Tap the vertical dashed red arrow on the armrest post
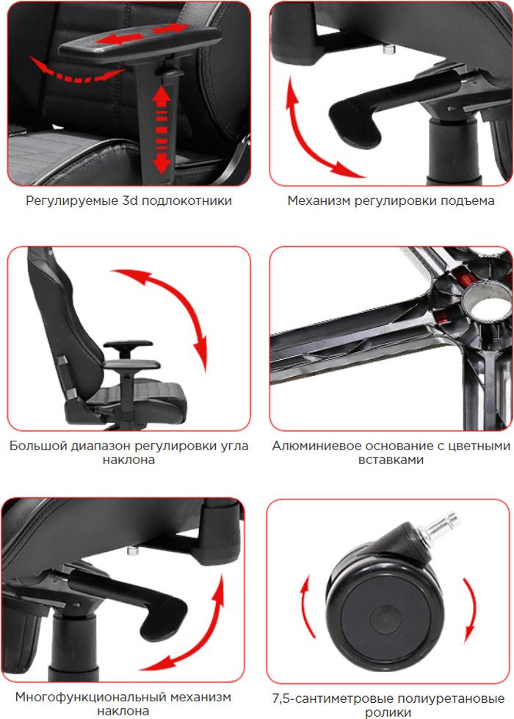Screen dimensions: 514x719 (162, 130)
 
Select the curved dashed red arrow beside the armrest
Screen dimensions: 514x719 (76, 71)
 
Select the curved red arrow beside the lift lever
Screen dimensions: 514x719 (316, 133)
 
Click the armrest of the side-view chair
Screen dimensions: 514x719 (128, 344)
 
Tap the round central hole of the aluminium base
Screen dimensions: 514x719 (487, 303)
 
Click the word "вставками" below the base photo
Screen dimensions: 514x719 (391, 460)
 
